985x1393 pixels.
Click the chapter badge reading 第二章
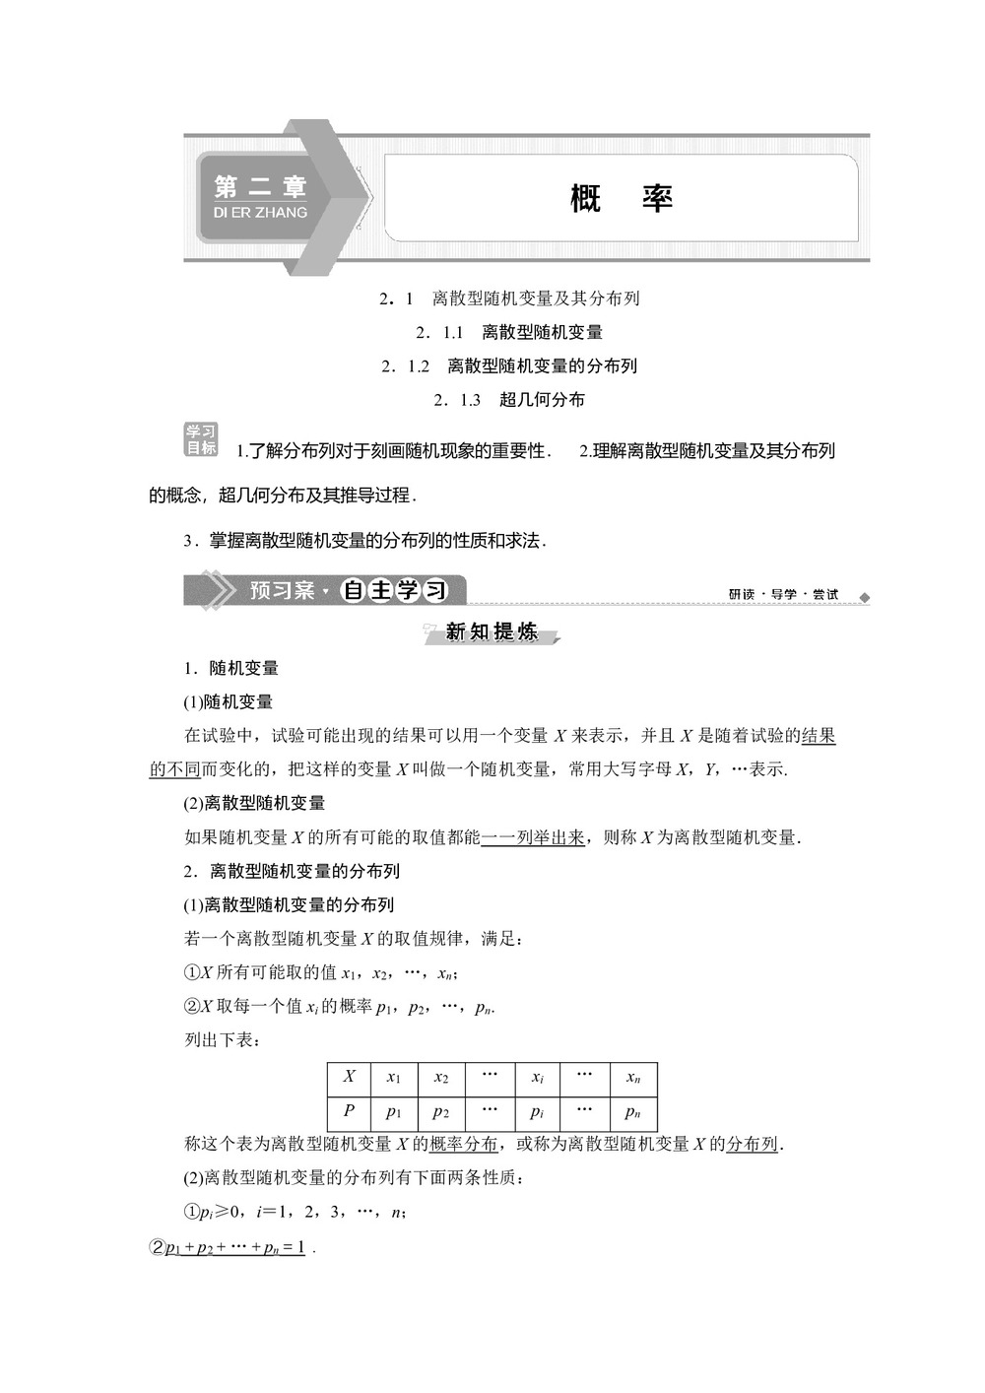tap(260, 196)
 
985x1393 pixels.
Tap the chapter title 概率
tap(621, 198)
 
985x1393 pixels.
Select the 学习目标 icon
tap(201, 439)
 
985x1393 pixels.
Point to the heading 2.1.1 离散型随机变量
tap(508, 332)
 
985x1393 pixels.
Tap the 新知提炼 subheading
tap(492, 631)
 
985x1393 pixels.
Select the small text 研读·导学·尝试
tap(783, 594)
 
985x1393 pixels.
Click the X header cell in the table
tap(349, 1077)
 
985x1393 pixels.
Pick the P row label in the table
tap(349, 1111)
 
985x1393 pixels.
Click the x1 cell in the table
tap(394, 1078)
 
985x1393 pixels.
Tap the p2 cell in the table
tap(441, 1112)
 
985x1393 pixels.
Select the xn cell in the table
tap(633, 1078)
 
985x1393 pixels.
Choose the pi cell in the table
tap(537, 1112)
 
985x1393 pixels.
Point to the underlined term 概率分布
tap(464, 1144)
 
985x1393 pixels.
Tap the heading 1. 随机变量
tap(231, 668)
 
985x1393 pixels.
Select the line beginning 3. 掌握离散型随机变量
tap(364, 540)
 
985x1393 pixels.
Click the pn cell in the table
tap(633, 1112)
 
